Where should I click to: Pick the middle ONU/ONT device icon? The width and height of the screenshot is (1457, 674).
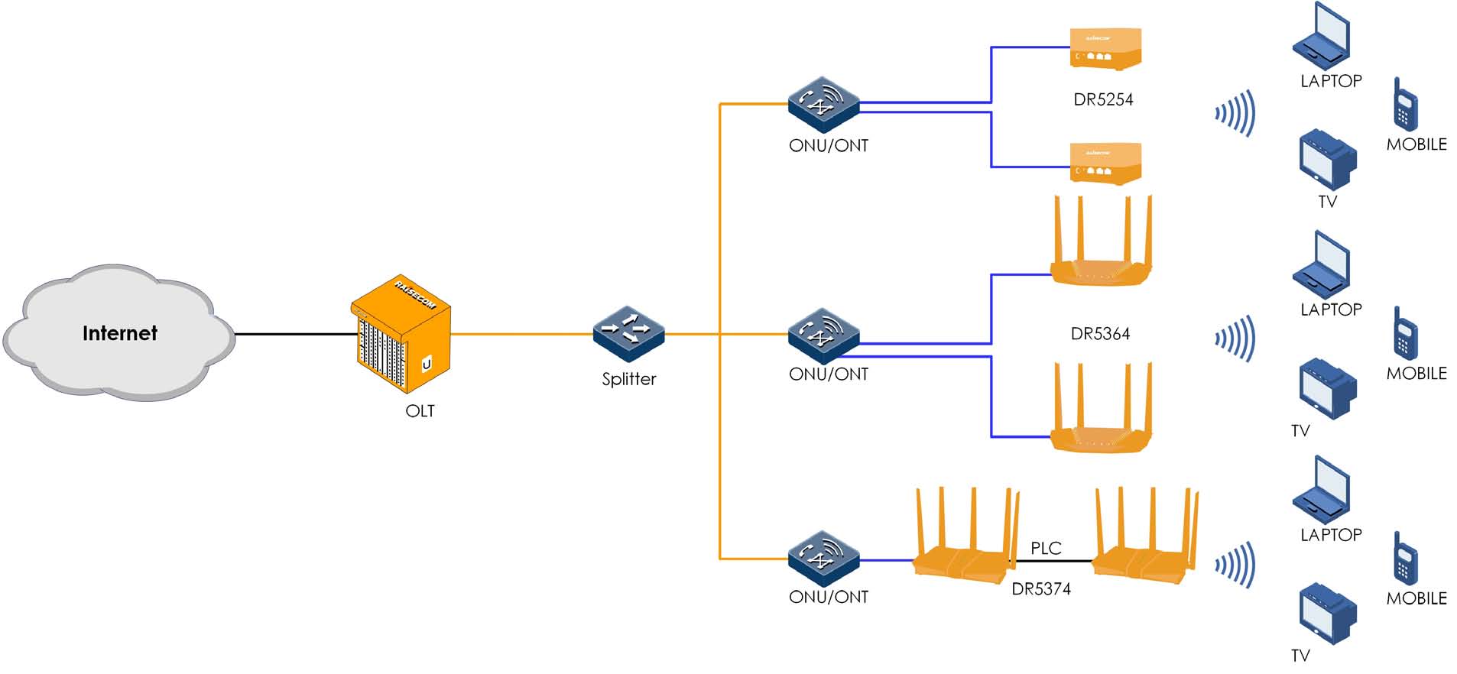pos(823,335)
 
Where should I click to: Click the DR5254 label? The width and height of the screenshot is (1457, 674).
pos(1102,99)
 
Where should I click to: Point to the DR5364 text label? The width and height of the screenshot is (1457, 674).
pos(1099,334)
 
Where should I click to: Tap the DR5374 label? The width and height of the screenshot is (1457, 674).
pos(1040,589)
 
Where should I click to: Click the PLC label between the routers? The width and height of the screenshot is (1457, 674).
pos(1045,548)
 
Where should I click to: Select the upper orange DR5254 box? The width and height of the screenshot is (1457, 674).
pos(1105,49)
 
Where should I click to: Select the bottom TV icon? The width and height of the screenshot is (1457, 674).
pos(1327,614)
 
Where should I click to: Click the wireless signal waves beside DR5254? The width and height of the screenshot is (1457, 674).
pos(1236,113)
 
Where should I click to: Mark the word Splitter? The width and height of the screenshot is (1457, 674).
pos(628,379)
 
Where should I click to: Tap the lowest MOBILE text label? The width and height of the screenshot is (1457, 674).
pos(1416,598)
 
